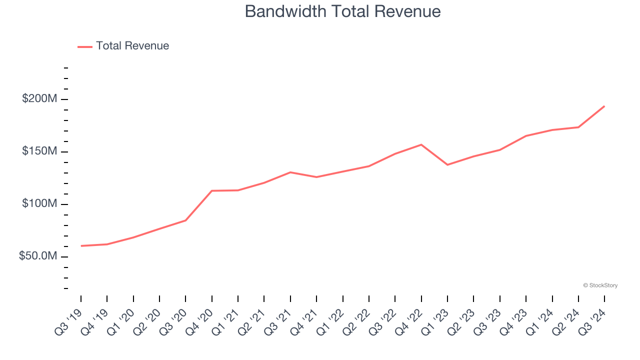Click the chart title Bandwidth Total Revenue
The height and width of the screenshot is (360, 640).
(x=342, y=11)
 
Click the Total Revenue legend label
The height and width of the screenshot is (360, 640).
(x=132, y=46)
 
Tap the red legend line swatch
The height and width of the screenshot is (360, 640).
(x=85, y=46)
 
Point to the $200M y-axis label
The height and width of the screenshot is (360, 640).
(x=39, y=99)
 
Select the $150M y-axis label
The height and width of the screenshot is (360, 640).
(x=39, y=151)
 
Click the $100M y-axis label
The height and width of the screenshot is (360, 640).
(x=39, y=204)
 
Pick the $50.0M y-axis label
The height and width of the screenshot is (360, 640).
(x=37, y=256)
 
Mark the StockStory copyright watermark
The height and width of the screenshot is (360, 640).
(x=600, y=285)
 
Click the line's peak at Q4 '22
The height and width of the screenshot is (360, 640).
(x=421, y=144)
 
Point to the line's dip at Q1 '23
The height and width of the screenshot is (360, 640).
(x=447, y=164)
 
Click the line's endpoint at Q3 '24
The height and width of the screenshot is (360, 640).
(x=604, y=106)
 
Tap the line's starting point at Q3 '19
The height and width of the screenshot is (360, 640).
(x=81, y=245)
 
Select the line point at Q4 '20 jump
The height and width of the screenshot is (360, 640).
(x=212, y=190)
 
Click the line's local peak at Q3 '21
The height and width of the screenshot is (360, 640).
(x=290, y=172)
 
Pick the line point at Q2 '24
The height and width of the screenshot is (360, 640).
(x=578, y=127)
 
